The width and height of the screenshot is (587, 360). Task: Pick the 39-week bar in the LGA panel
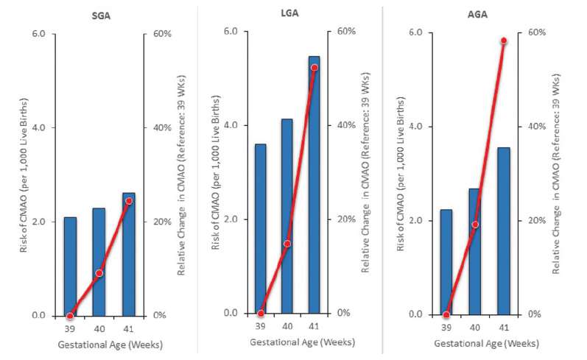pyautogui.click(x=261, y=228)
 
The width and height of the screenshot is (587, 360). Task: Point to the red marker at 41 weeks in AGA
pyautogui.click(x=504, y=40)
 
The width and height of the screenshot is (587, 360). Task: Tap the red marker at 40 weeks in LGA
pyautogui.click(x=287, y=243)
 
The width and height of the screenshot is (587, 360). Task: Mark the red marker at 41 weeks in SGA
pyautogui.click(x=129, y=201)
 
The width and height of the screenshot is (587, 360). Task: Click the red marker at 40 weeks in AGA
pyautogui.click(x=475, y=225)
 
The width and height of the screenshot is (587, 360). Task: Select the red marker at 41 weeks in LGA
pyautogui.click(x=314, y=68)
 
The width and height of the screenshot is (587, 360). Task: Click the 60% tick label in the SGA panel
pyautogui.click(x=161, y=34)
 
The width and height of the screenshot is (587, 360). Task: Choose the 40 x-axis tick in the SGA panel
pyautogui.click(x=99, y=328)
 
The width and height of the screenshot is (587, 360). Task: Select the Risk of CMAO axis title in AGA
pyautogui.click(x=400, y=173)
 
